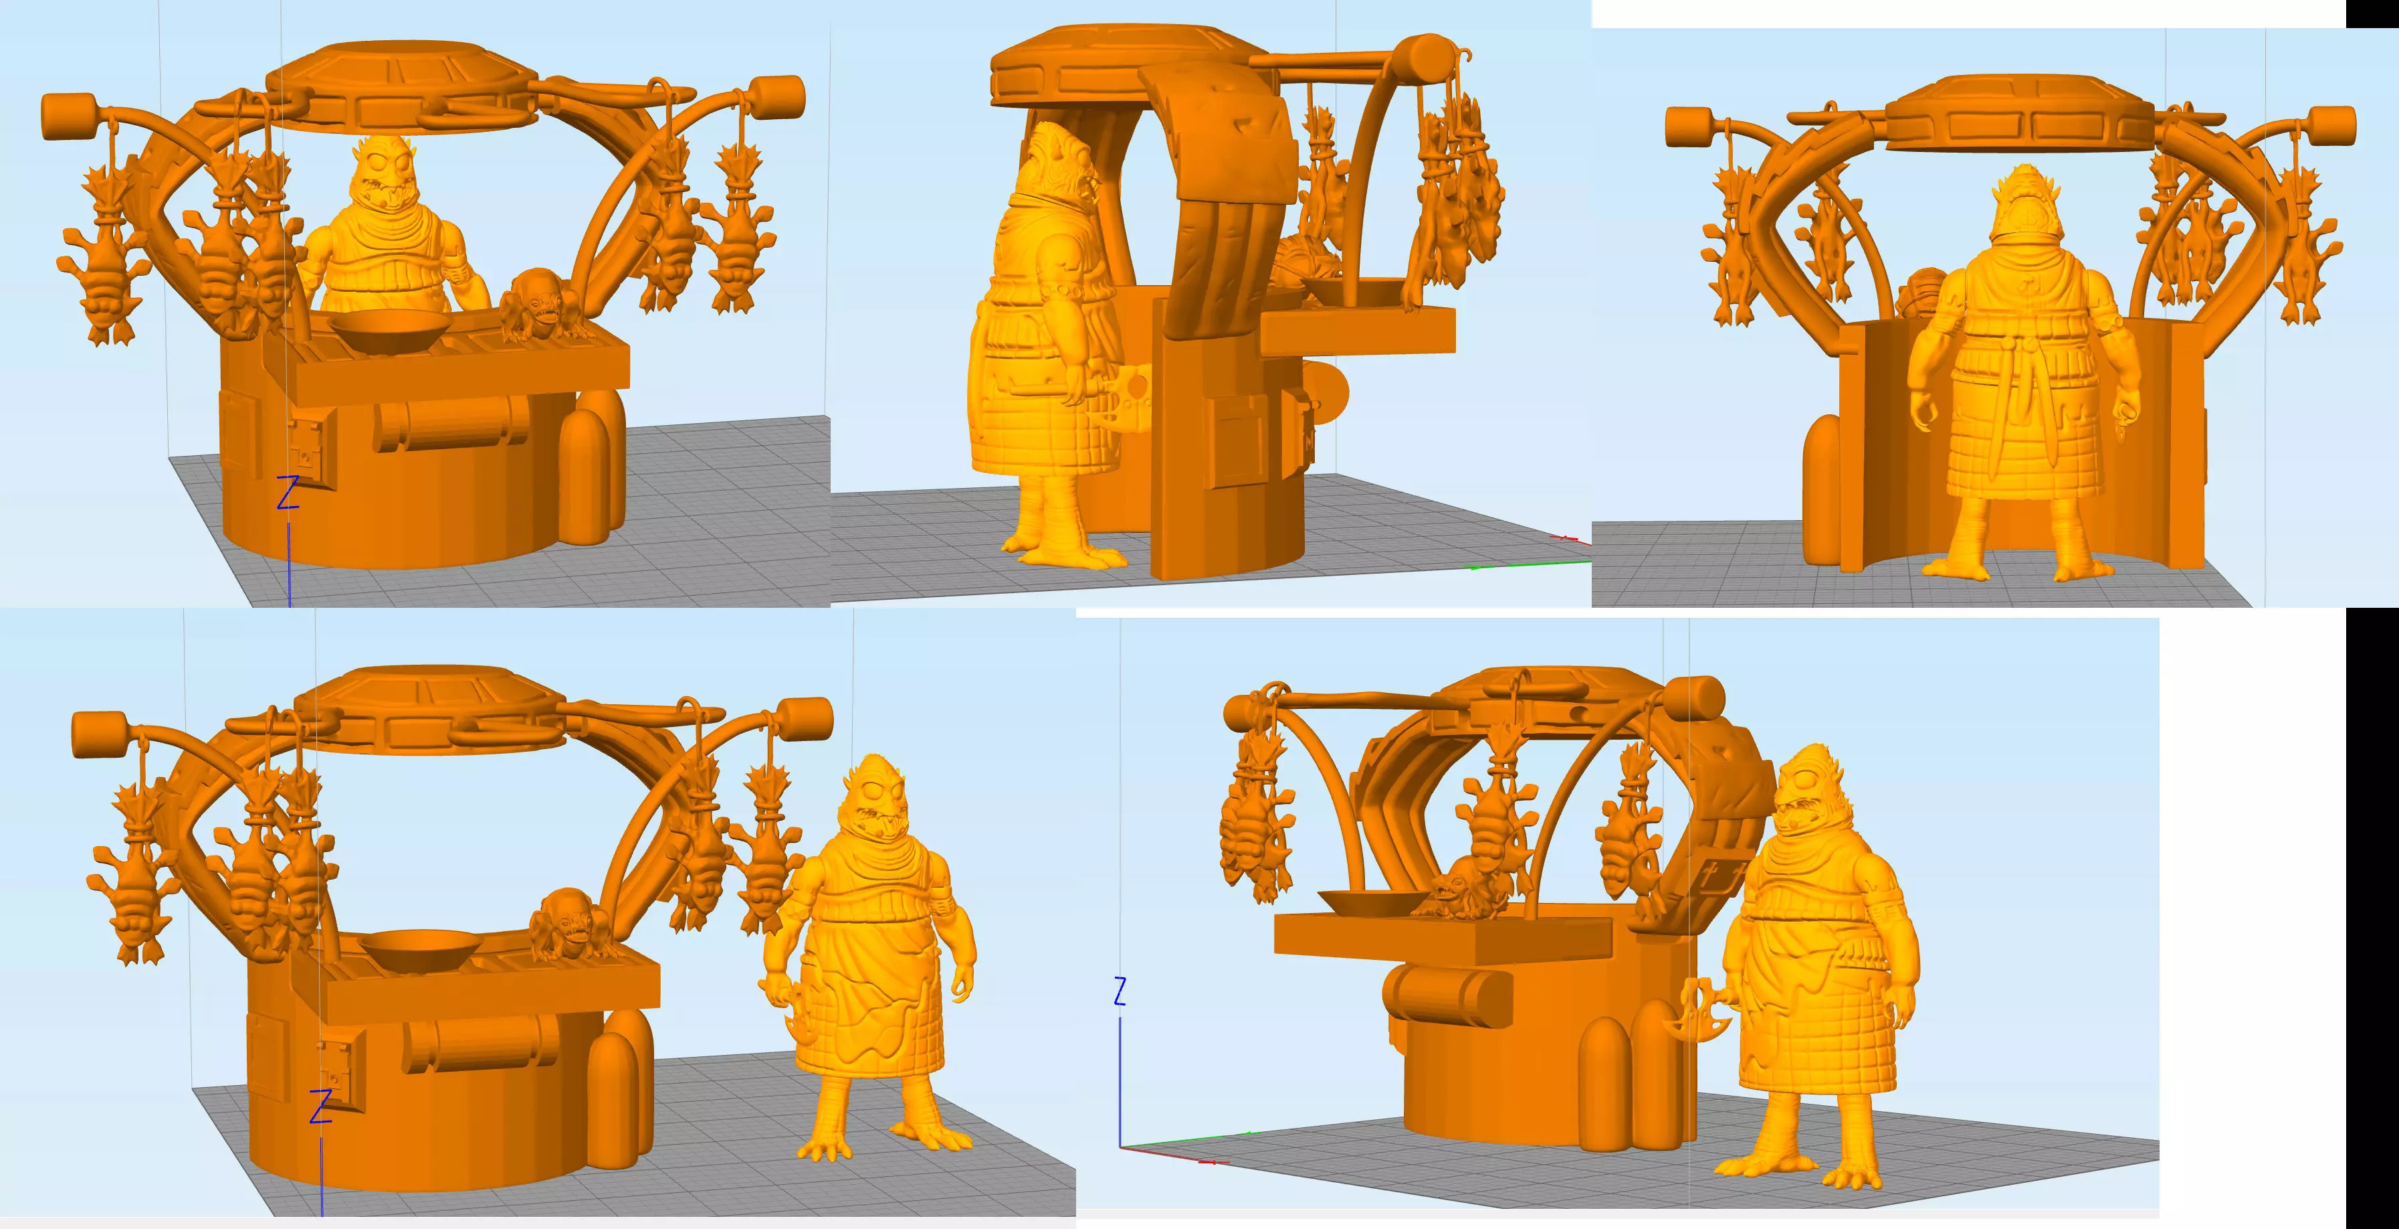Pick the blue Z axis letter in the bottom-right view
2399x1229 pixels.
(x=1120, y=991)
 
